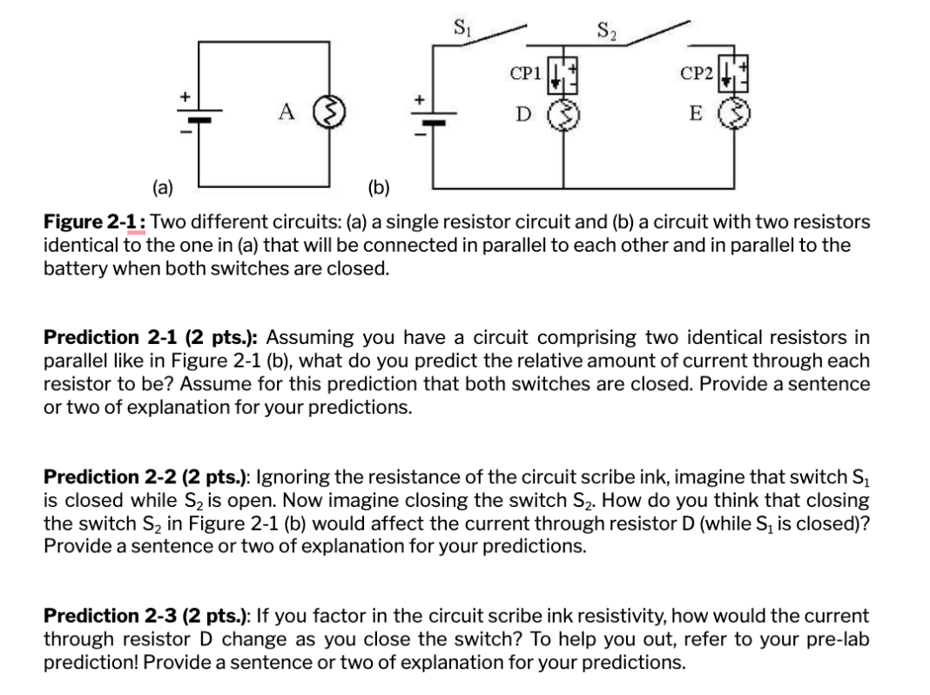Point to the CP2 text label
pyautogui.click(x=698, y=75)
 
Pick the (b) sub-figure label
pyautogui.click(x=380, y=186)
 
